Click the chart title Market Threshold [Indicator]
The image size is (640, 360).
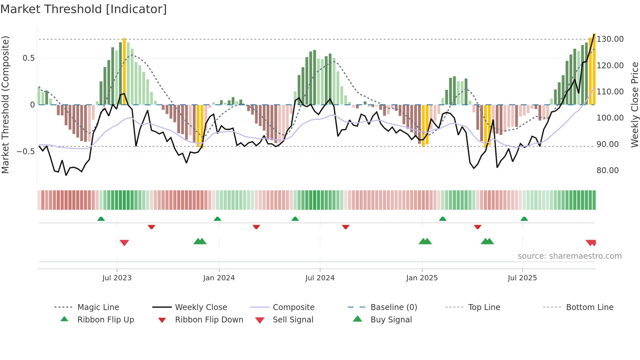tap(84, 9)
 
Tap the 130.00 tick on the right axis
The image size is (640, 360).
tap(610, 39)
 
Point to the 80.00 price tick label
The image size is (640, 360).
tap(607, 171)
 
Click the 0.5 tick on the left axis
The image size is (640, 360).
tap(28, 58)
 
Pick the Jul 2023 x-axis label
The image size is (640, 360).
tap(117, 278)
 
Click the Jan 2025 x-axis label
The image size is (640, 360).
tap(422, 278)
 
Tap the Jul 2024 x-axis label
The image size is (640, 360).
tap(320, 278)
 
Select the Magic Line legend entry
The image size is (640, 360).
tap(98, 307)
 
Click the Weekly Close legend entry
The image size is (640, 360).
tap(201, 307)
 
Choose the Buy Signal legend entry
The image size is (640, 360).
tap(391, 320)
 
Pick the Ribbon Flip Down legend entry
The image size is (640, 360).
tap(209, 320)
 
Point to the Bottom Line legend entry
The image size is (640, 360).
tap(589, 307)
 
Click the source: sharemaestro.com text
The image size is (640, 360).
tap(569, 256)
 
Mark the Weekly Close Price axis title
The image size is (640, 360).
tap(634, 105)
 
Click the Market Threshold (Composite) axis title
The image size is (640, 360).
tap(5, 105)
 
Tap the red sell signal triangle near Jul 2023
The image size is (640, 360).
tap(124, 243)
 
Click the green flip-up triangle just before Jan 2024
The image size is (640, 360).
tap(217, 219)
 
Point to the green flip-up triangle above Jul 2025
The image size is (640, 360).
tap(524, 219)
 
